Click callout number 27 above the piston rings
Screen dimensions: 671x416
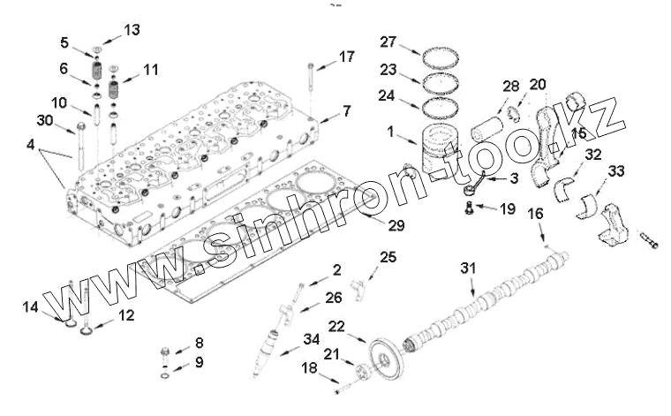point(389,42)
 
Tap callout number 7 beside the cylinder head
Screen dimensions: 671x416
point(346,111)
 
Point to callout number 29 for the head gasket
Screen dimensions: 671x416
point(396,226)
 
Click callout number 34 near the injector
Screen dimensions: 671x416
point(311,338)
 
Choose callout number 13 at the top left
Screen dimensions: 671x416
point(132,30)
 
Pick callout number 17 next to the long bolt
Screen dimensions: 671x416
point(346,57)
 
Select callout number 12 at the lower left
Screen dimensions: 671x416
point(126,314)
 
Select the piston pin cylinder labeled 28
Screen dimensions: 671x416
point(486,138)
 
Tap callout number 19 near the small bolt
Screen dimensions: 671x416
point(506,209)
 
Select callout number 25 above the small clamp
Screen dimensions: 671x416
point(388,257)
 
